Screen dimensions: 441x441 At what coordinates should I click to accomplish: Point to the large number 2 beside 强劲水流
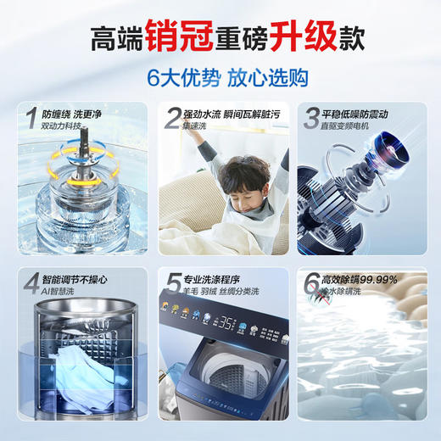coord(172,118)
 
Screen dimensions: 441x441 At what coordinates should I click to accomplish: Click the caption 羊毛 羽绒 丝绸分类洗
coord(222,293)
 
